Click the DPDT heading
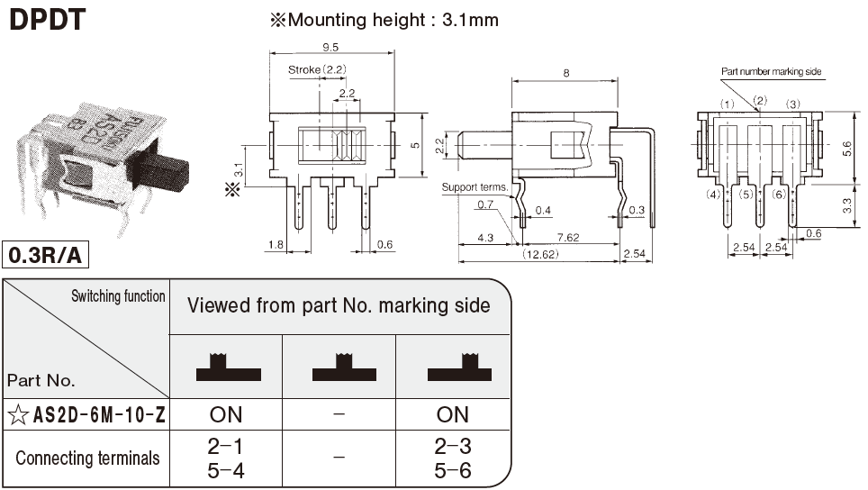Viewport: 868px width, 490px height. pos(47,19)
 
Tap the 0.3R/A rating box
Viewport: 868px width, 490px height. pos(45,256)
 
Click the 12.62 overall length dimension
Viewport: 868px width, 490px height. pos(540,254)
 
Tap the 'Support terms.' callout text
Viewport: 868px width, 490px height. pos(475,187)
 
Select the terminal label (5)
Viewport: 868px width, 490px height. pos(746,195)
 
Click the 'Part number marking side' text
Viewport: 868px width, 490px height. pos(771,72)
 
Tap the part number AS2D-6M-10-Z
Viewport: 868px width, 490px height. pos(98,414)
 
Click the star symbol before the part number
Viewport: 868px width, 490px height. pos(17,414)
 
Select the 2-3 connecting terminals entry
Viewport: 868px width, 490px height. pos(452,445)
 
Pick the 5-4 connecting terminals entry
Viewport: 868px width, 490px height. pos(225,469)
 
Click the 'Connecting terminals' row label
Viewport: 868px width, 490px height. pos(87,458)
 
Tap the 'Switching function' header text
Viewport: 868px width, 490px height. pos(119,296)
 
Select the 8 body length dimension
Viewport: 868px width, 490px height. pos(565,73)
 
